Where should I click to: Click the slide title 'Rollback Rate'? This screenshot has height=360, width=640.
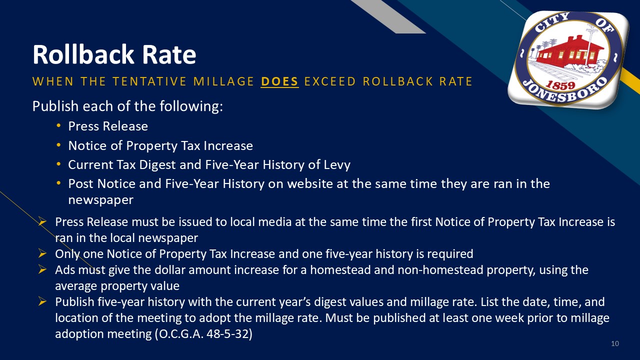click(114, 54)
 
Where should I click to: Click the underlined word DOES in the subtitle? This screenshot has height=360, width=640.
click(279, 81)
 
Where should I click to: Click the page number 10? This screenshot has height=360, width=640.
click(615, 343)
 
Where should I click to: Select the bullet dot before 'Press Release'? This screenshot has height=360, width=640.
click(58, 125)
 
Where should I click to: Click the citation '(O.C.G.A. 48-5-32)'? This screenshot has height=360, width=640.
click(203, 333)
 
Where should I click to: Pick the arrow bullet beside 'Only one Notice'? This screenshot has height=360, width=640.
click(42, 253)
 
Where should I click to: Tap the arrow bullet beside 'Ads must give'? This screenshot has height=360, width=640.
click(42, 269)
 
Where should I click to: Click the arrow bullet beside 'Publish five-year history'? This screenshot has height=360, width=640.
click(42, 301)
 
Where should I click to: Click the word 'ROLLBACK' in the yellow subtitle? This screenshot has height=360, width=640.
click(397, 81)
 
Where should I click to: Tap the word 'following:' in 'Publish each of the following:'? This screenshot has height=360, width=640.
click(191, 106)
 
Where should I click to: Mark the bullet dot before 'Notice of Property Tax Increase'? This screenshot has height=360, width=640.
click(58, 145)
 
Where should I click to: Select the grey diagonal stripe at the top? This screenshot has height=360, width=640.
click(388, 16)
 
